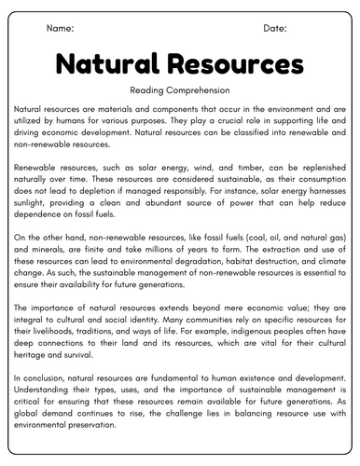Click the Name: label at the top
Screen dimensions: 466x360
click(x=61, y=30)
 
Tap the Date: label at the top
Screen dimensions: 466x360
click(x=274, y=30)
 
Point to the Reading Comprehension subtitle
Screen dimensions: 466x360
click(x=179, y=89)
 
